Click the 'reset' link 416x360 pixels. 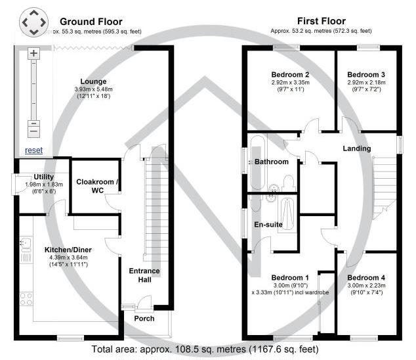pos(33,150)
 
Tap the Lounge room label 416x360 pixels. pos(93,81)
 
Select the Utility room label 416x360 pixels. pos(44,177)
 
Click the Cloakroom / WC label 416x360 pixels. pos(97,186)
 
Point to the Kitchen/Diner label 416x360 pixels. pos(68,250)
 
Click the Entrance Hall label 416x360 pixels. pos(144,275)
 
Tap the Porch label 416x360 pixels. pos(144,319)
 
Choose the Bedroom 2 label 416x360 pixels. pos(290,75)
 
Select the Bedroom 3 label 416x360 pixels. pos(366,75)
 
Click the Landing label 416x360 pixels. pos(357,148)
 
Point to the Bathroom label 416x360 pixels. pos(272,162)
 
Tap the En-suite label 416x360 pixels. pos(268,225)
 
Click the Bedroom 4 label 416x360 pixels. pos(366,278)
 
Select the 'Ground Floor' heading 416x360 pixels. pos(91,22)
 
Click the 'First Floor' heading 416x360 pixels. pos(322,21)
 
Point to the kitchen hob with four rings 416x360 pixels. pos(26,299)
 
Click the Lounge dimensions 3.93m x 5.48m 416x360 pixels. pos(93,89)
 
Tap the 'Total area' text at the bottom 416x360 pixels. pos(205,349)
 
